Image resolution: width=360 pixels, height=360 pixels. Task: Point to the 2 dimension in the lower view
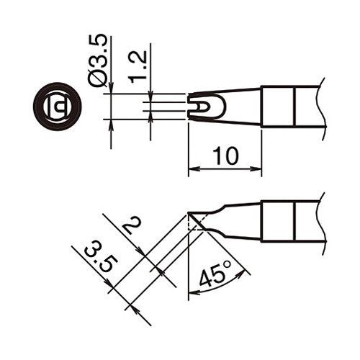coord(131,229)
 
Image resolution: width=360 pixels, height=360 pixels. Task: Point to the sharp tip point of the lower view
coord(189,213)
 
